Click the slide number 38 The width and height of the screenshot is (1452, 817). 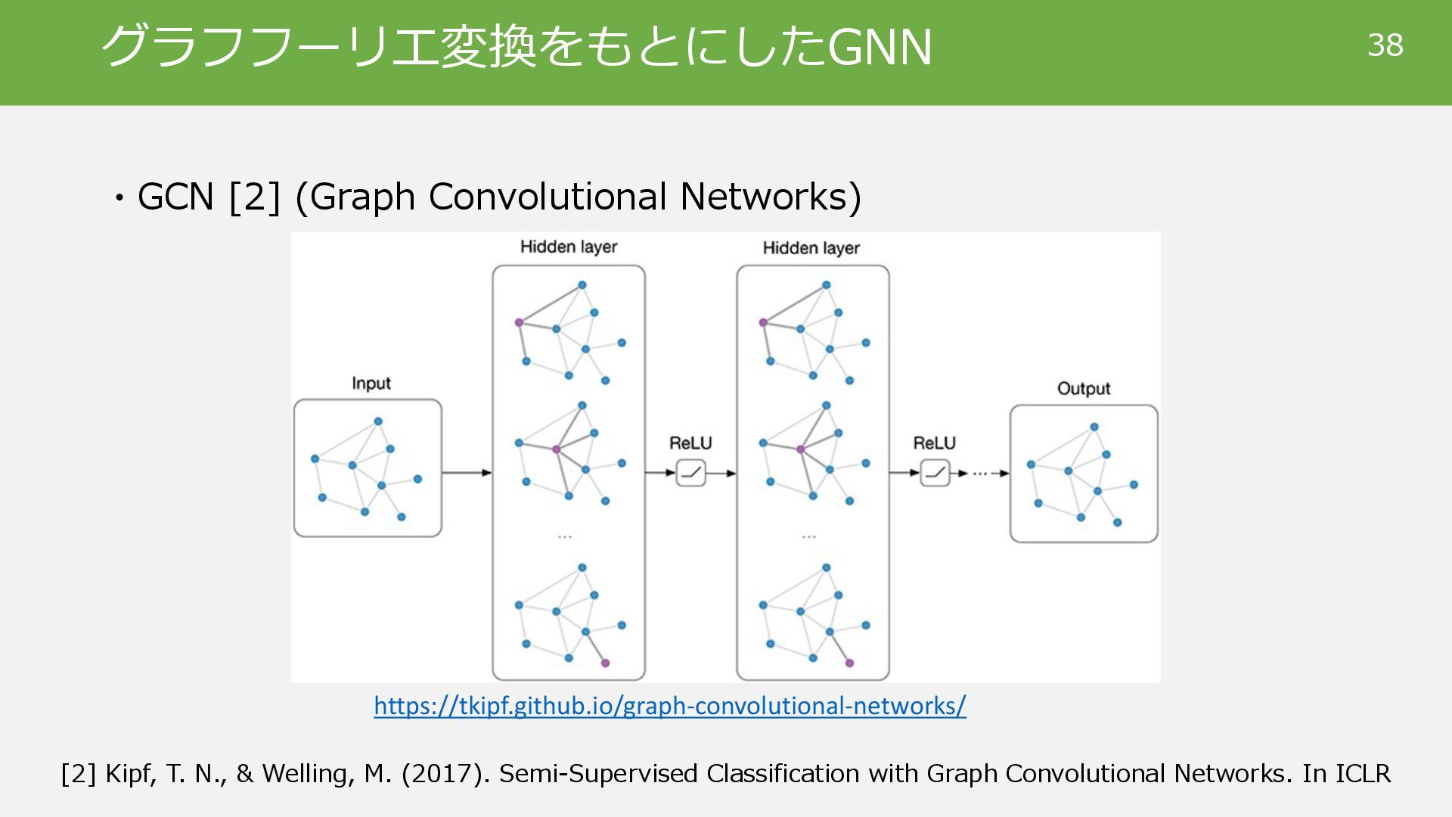tap(1385, 45)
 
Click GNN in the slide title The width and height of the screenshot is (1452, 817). tap(880, 47)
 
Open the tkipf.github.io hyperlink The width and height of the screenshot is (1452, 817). tap(669, 706)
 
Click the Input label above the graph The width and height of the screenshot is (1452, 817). tap(371, 384)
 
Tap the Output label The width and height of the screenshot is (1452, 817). tap(1083, 389)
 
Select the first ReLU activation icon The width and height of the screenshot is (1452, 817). tap(690, 473)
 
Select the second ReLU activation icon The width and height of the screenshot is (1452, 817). tap(935, 473)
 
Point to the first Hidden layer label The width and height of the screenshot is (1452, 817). tap(569, 247)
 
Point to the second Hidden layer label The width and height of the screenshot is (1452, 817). tap(811, 248)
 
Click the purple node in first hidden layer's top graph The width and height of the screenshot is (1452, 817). tap(519, 322)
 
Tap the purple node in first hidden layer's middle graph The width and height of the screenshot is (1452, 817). tap(556, 449)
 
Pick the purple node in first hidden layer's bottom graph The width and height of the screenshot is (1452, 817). tap(605, 663)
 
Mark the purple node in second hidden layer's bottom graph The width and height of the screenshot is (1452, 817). tap(849, 663)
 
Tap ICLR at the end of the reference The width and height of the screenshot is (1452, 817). tap(1362, 774)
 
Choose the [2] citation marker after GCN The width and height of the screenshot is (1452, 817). tap(254, 197)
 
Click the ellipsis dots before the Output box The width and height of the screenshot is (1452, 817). tap(980, 474)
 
